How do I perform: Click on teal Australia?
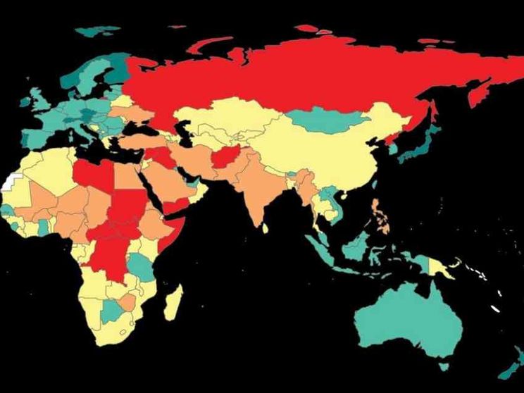(408, 320)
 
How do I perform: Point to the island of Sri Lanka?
(265, 228)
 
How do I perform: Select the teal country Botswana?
(113, 310)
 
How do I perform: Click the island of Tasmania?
(443, 366)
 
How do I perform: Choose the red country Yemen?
(179, 206)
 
